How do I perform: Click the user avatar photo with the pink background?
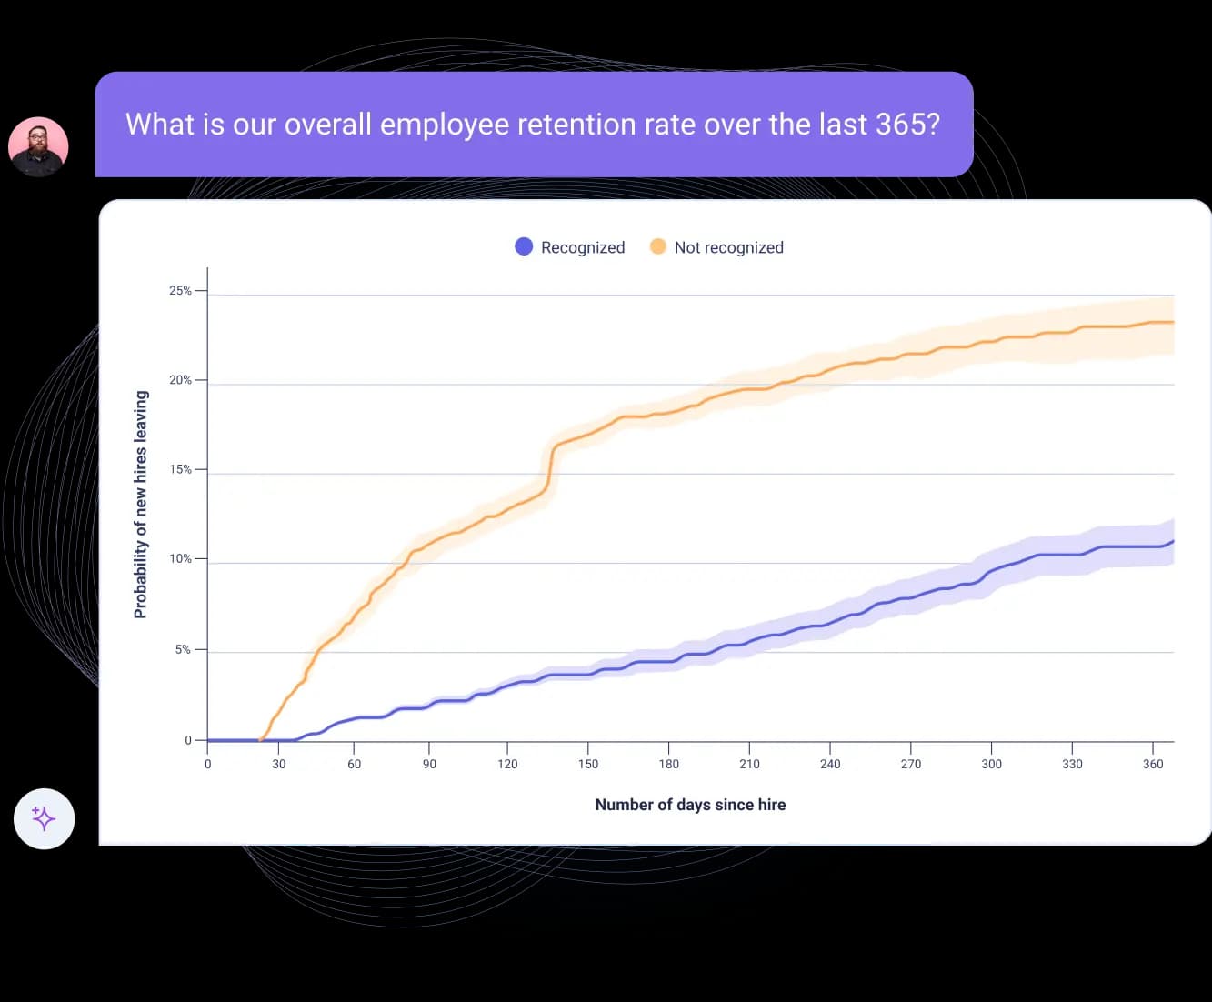(38, 146)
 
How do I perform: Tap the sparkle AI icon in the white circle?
(44, 818)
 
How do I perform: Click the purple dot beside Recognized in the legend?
(524, 246)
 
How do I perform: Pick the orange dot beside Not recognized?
(657, 246)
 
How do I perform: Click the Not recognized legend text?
(728, 247)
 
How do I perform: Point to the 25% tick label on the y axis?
(180, 291)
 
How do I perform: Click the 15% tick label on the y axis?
(180, 469)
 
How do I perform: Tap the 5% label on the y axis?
(183, 649)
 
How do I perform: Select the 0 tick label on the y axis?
(188, 740)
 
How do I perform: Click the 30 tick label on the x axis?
(279, 764)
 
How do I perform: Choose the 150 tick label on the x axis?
(588, 764)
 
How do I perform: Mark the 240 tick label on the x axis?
(830, 764)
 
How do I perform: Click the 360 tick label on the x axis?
(1153, 764)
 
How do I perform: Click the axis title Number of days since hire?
(690, 805)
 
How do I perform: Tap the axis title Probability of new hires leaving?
(141, 505)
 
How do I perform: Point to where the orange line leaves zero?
(262, 739)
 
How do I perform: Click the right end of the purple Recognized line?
(1173, 541)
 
